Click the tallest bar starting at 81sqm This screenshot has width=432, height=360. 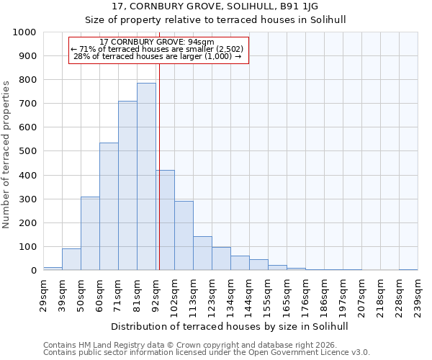coord(146,176)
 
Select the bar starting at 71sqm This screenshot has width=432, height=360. coord(127,186)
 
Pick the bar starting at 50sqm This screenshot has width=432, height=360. coord(90,233)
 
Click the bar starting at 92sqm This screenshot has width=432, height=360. coord(165,220)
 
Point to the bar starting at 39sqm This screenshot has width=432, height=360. coord(71,259)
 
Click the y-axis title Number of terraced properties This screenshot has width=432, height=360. coord(7,154)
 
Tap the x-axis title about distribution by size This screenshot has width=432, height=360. coord(230,326)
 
